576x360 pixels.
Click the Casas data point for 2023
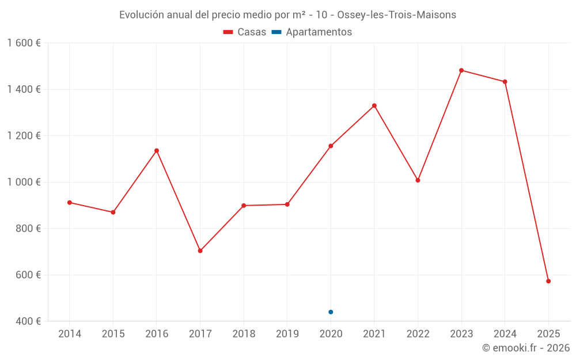click(461, 70)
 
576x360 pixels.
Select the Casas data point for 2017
click(200, 251)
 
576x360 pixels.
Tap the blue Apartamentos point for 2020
click(331, 312)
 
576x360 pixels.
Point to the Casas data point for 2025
click(548, 281)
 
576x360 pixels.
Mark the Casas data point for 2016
click(157, 150)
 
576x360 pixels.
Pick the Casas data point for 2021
click(374, 105)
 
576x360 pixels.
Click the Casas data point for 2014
click(69, 202)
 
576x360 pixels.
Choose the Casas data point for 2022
click(418, 180)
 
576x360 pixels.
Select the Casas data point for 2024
click(505, 82)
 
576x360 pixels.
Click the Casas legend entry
click(245, 32)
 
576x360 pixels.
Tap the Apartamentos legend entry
click(312, 32)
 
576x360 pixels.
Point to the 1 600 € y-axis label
click(24, 43)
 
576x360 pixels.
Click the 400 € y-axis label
click(28, 321)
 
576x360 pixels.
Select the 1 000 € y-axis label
click(24, 182)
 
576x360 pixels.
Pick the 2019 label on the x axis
click(287, 334)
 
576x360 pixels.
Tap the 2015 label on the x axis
click(113, 334)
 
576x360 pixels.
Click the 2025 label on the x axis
click(548, 334)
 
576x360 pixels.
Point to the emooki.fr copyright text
click(526, 348)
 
